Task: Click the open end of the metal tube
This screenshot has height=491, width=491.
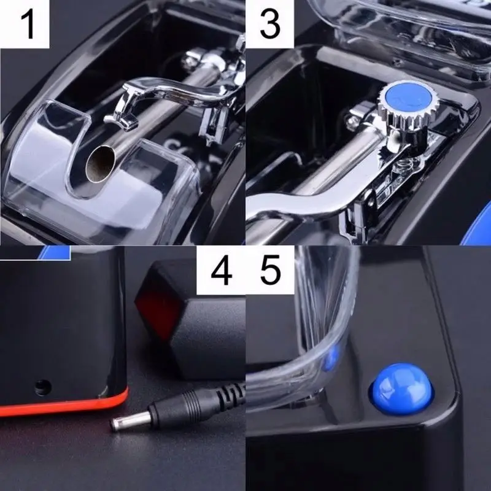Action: [x=98, y=164]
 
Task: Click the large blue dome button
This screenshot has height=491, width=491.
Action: [x=399, y=388]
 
